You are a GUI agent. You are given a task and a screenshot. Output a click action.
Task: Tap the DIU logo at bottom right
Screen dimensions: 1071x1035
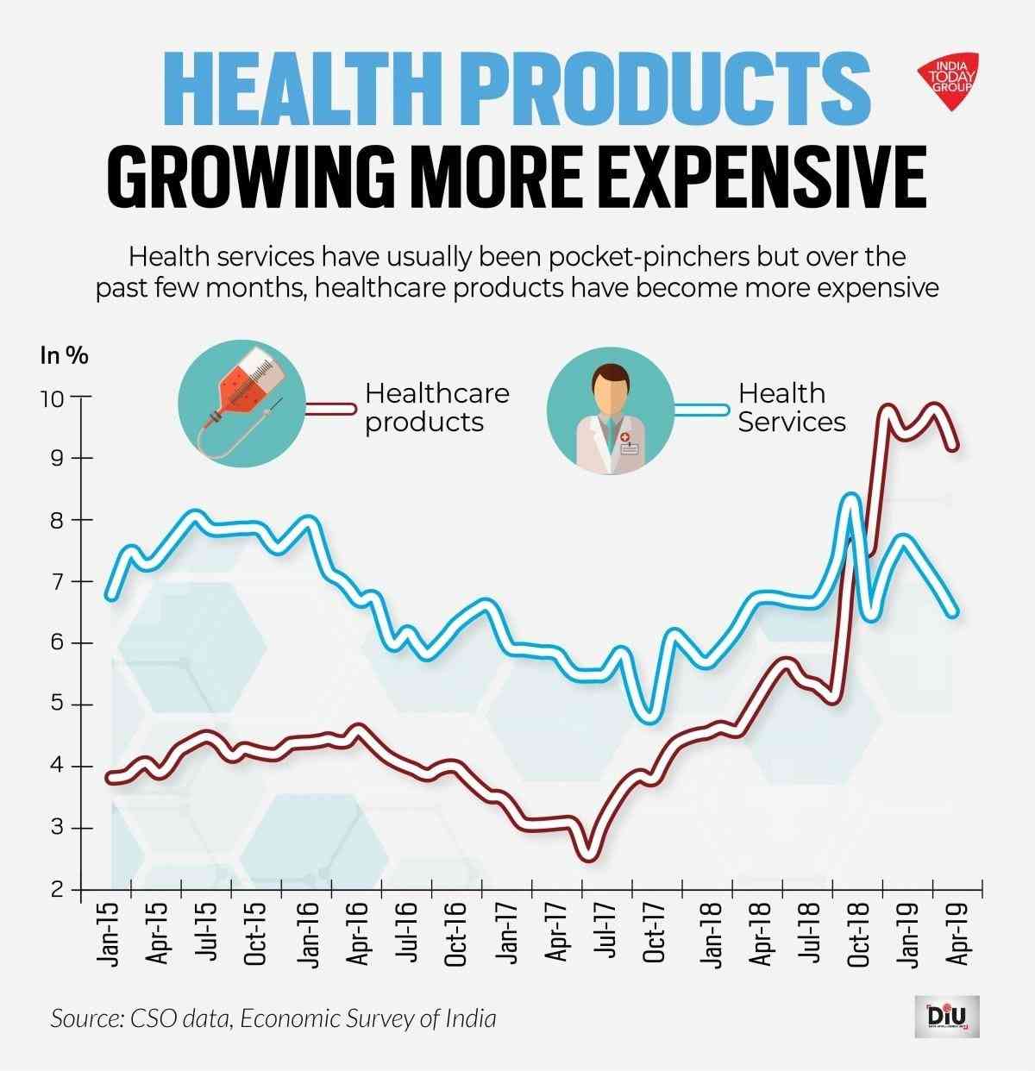(x=950, y=1018)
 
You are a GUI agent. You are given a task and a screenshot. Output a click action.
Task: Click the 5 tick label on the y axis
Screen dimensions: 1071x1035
(x=56, y=705)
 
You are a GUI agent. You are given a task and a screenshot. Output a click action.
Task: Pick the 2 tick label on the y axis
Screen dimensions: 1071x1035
(x=56, y=890)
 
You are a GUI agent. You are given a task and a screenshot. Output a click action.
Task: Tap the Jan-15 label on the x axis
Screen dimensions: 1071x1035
(x=108, y=935)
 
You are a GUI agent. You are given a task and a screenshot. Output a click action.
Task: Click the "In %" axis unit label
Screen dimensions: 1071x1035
(x=64, y=354)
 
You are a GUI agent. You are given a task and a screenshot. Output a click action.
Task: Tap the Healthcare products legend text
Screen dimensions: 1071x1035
(x=436, y=407)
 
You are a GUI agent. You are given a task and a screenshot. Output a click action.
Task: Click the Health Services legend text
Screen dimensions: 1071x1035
(x=790, y=407)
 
